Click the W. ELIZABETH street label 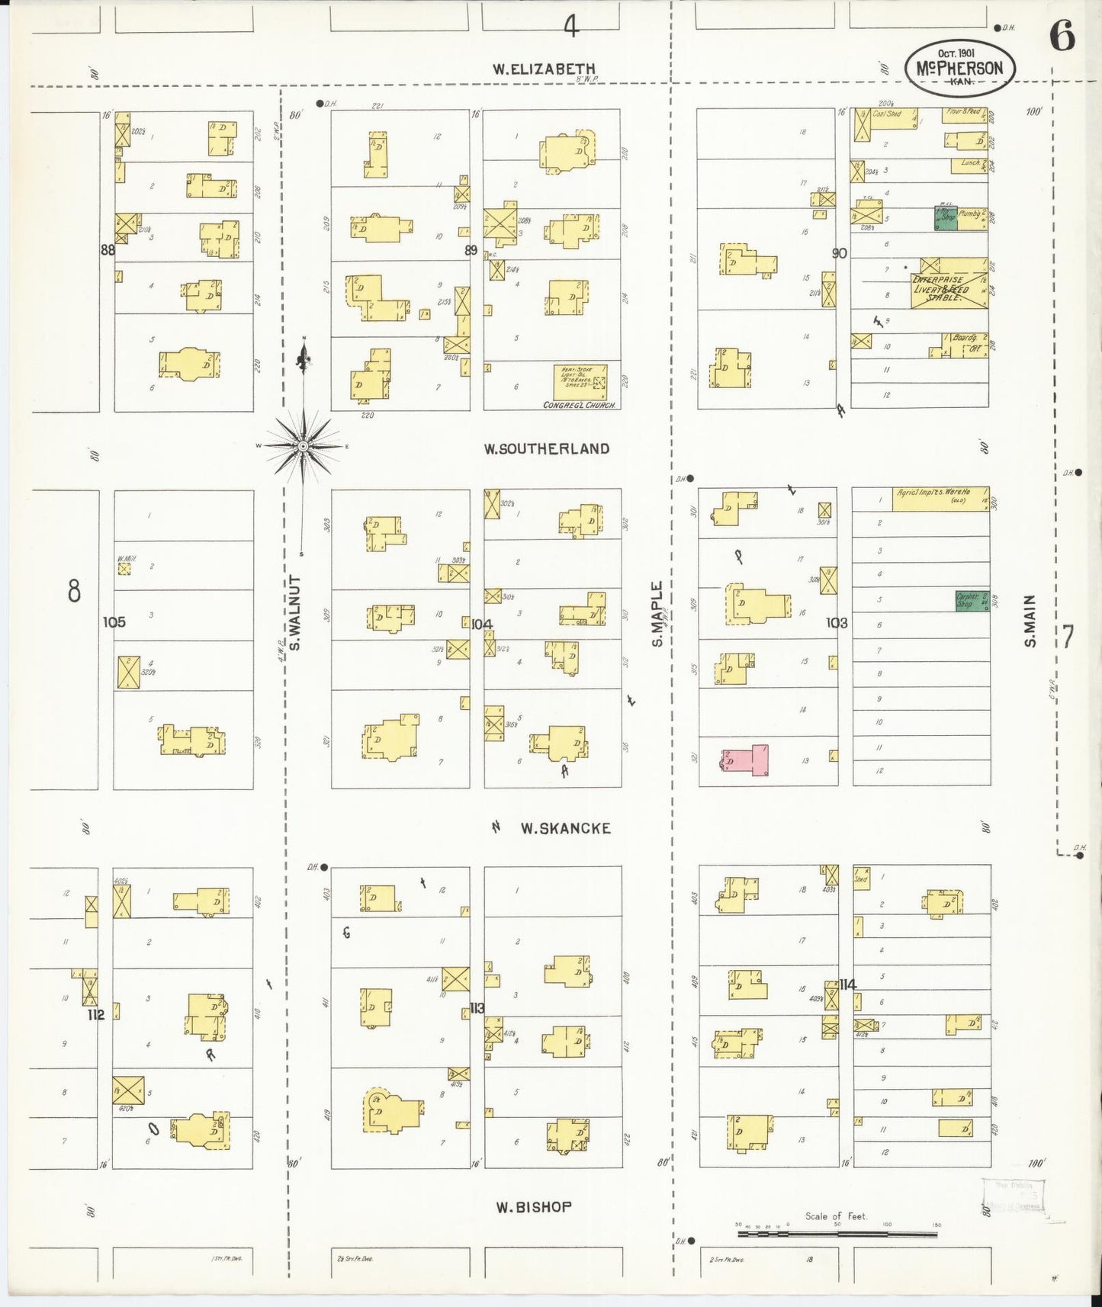[543, 69]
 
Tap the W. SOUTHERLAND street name [546, 448]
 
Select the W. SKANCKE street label [565, 828]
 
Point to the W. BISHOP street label [533, 1207]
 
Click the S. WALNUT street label [295, 613]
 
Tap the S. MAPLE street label [657, 615]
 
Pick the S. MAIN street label [1030, 621]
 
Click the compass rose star [304, 445]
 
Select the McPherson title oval [959, 67]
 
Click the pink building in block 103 [747, 760]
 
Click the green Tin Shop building [946, 218]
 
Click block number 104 [481, 624]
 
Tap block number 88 [108, 249]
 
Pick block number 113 [477, 1008]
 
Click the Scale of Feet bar [837, 1233]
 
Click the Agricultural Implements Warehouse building [940, 499]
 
